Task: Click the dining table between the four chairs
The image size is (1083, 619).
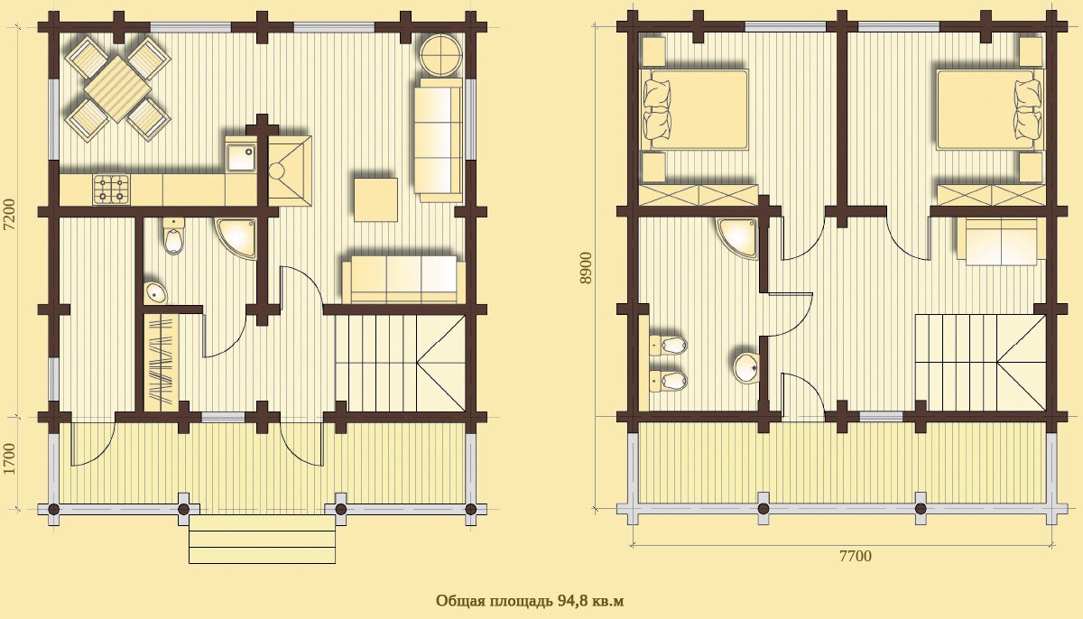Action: pyautogui.click(x=117, y=89)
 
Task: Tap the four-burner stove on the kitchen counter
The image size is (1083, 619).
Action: pyautogui.click(x=112, y=189)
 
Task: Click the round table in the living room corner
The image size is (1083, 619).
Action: pyautogui.click(x=440, y=56)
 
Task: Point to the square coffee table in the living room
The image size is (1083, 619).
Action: pyautogui.click(x=375, y=199)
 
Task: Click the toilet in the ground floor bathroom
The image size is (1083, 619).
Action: pyautogui.click(x=173, y=236)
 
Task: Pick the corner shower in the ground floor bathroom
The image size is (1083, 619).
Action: pyautogui.click(x=236, y=239)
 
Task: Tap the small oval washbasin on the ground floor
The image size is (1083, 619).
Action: pyautogui.click(x=155, y=292)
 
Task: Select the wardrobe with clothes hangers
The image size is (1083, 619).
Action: pyautogui.click(x=162, y=364)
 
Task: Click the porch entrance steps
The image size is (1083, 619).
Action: pyautogui.click(x=262, y=540)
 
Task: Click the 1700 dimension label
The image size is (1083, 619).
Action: pyautogui.click(x=10, y=458)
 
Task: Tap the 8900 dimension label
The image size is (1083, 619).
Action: pyautogui.click(x=586, y=268)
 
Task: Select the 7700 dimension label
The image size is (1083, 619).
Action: pyautogui.click(x=855, y=556)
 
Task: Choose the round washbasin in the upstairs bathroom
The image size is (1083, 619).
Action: pyautogui.click(x=746, y=368)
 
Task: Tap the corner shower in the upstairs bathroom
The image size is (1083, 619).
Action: pyautogui.click(x=739, y=237)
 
